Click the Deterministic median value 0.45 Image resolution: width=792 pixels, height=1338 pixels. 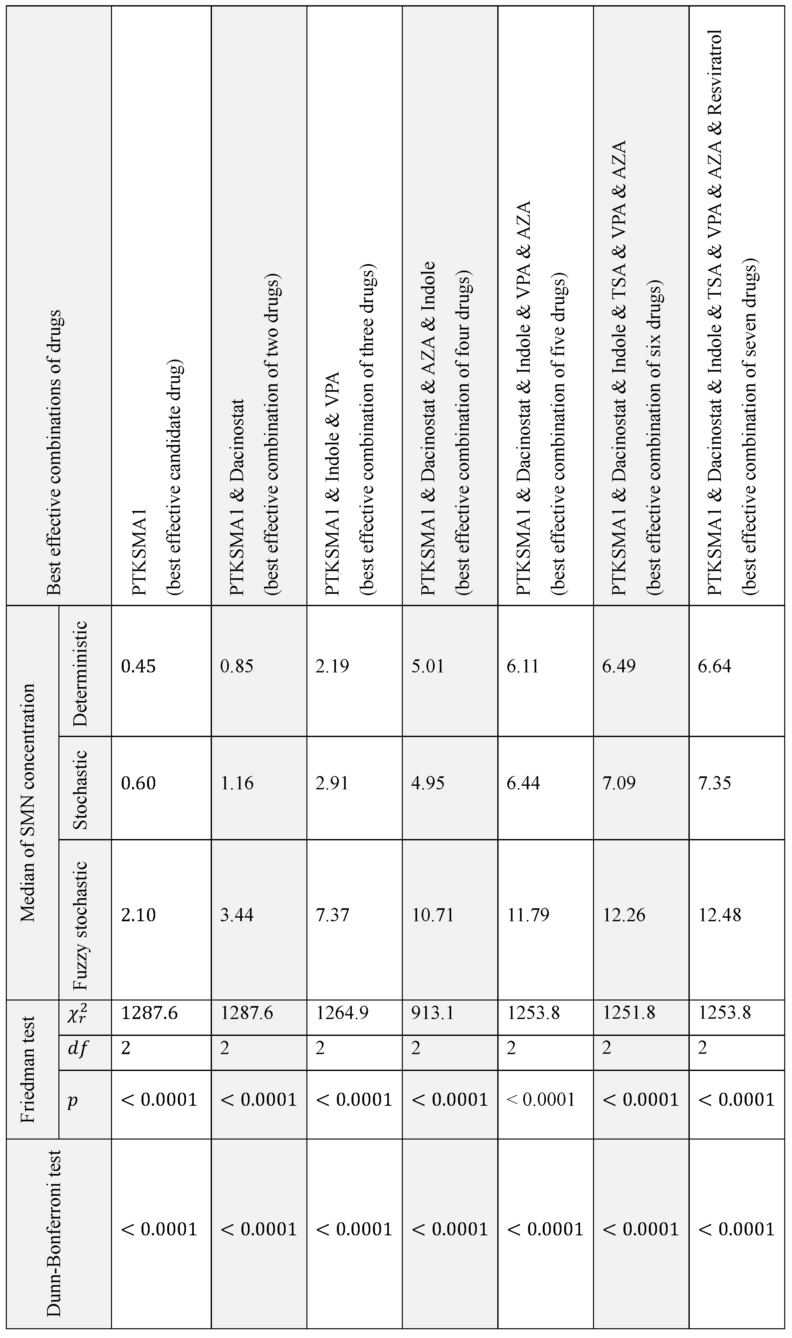click(138, 666)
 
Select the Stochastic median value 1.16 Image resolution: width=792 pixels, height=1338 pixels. click(237, 783)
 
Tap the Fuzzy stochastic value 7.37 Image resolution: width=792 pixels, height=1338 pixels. click(332, 915)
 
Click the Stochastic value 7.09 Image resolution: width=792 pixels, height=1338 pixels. click(619, 783)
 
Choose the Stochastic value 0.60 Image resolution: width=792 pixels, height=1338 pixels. click(138, 783)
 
